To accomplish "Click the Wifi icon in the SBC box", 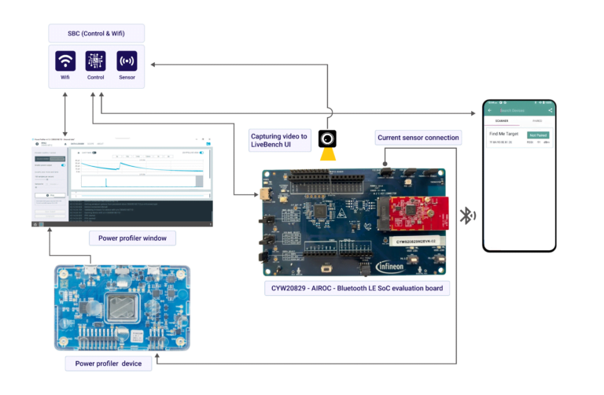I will (65, 61).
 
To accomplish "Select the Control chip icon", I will (96, 61).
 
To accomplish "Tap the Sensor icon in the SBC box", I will (127, 61).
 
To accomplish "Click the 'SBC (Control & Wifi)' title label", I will (96, 33).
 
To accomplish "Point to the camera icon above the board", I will (327, 139).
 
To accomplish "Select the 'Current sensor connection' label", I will (418, 138).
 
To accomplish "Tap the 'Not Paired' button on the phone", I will (537, 135).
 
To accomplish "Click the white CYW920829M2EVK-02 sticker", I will (414, 242).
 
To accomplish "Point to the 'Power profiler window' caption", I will (131, 238).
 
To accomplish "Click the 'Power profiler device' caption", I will (109, 363).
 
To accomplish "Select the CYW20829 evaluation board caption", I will (356, 288).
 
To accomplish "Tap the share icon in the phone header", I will (551, 110).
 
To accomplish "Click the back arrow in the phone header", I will (490, 110).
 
